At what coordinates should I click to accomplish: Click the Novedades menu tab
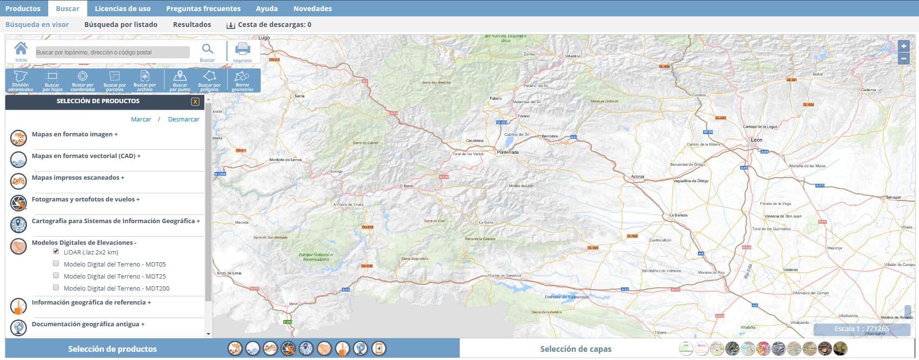coord(312,9)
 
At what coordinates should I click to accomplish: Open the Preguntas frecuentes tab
coord(203,9)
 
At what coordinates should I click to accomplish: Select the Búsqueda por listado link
coord(120,25)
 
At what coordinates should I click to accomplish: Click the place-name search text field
coord(112,53)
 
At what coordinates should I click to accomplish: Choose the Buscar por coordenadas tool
coord(82,80)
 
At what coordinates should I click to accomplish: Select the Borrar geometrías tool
coord(242,80)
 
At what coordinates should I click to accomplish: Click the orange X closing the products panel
coord(195,101)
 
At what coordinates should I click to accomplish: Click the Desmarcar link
coord(184,120)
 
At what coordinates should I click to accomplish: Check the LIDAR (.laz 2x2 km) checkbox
coord(56,252)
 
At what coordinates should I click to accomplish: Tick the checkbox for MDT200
coord(56,288)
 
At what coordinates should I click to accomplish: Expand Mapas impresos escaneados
coord(78,178)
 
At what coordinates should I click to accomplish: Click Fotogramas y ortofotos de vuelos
coord(85,200)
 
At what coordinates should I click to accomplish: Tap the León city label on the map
coord(757,140)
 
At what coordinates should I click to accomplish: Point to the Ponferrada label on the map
coord(508,152)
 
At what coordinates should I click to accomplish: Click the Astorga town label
coord(638,177)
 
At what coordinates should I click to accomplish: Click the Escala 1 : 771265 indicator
coord(862,329)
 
